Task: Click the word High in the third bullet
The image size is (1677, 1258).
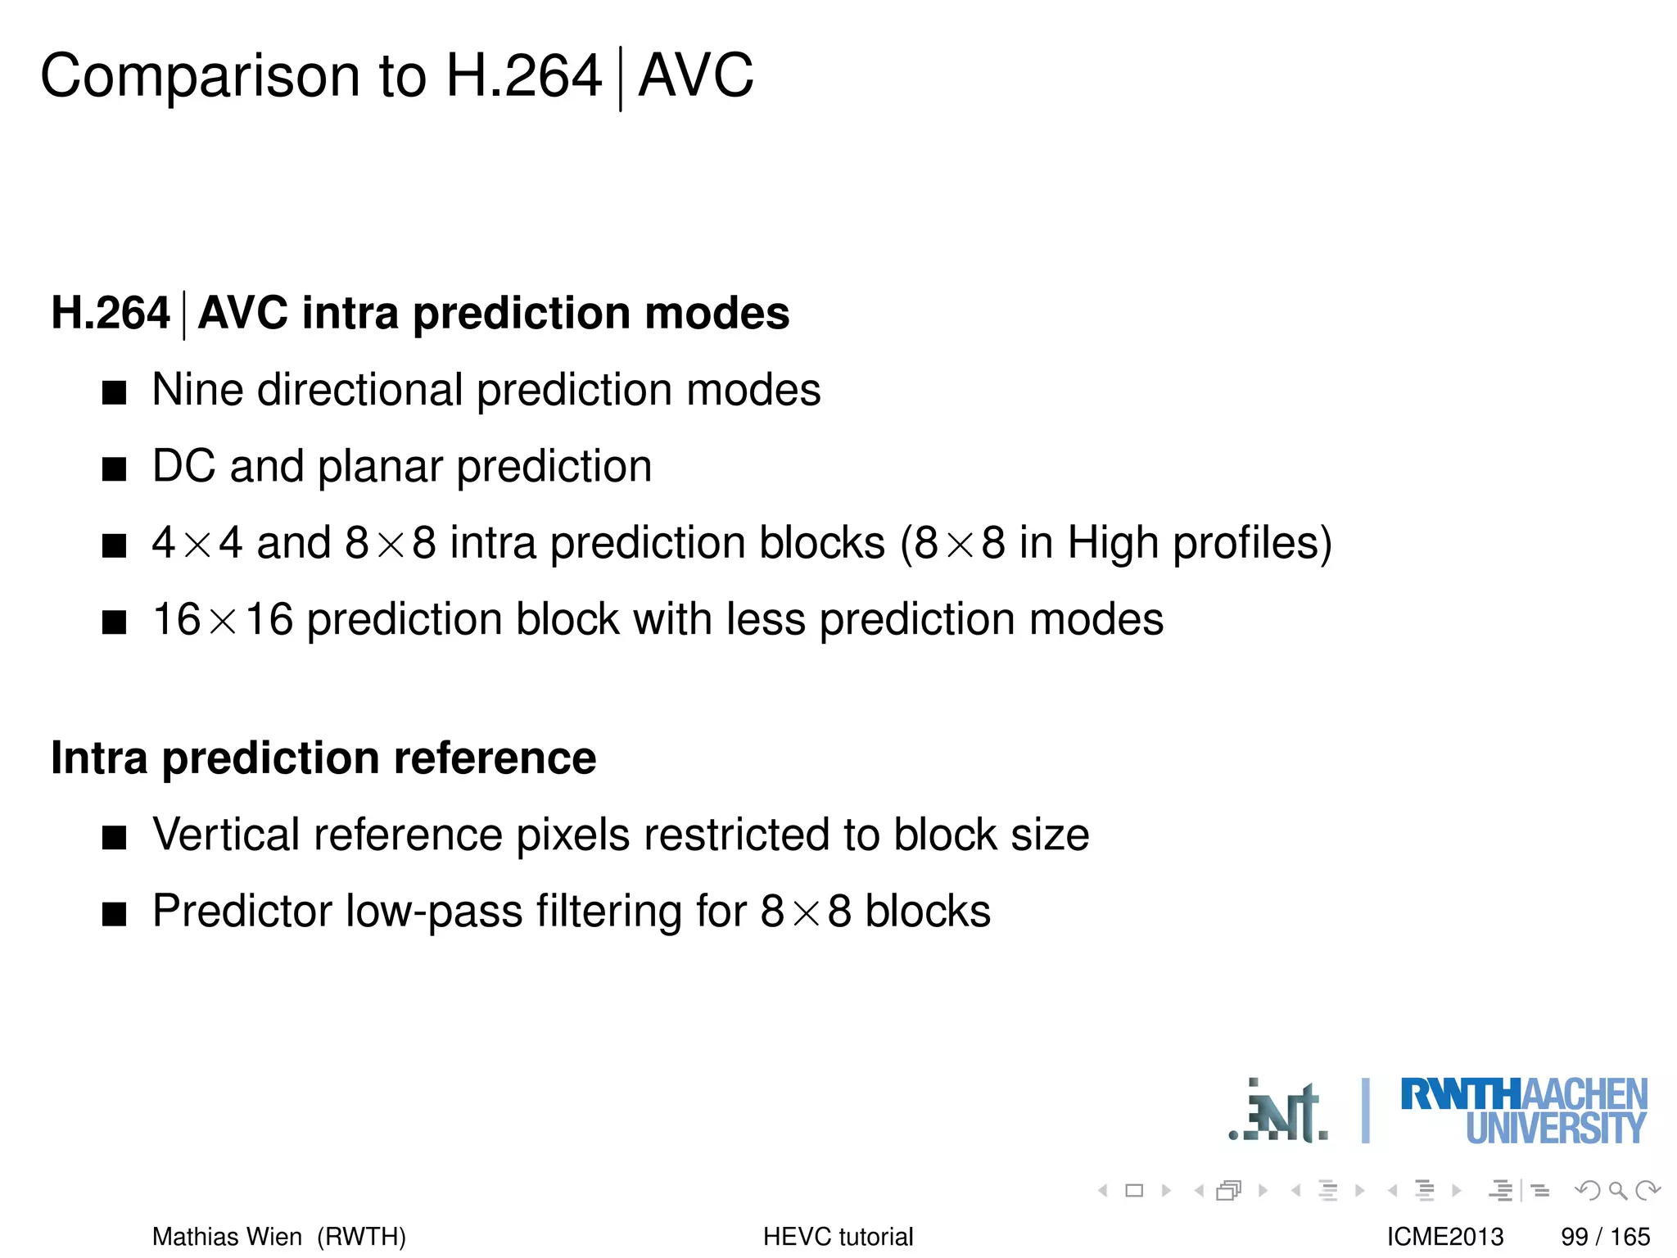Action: point(1114,543)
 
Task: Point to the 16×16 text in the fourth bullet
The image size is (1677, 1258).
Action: point(223,619)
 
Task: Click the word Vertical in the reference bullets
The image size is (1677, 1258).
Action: point(226,835)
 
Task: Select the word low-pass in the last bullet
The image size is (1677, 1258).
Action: point(434,912)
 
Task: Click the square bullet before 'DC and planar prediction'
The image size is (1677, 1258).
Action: point(115,469)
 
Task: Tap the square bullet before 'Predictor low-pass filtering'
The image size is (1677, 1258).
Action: point(115,914)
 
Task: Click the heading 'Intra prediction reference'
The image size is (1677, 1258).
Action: point(323,758)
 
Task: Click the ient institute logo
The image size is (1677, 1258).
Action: point(1280,1112)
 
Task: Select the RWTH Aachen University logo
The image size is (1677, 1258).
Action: point(1523,1111)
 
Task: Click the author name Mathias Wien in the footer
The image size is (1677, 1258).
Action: point(227,1236)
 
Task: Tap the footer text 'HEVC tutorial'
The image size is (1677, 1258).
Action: point(838,1236)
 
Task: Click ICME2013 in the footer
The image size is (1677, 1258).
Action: point(1444,1236)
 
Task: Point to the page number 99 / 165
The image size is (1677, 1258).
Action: point(1605,1236)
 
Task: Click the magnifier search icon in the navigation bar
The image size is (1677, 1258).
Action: point(1617,1190)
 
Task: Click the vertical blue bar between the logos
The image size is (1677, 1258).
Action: point(1365,1111)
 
